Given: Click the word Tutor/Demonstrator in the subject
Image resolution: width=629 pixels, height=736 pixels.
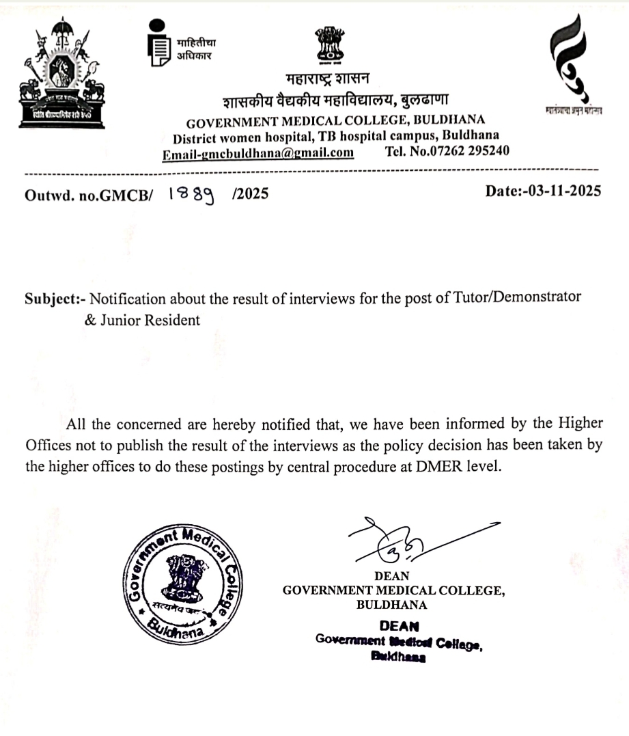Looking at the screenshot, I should tap(522, 298).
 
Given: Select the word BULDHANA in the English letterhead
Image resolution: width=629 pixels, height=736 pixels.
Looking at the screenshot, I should tap(450, 122).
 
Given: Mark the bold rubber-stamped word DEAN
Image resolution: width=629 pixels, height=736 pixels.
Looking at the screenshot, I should tap(398, 625).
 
